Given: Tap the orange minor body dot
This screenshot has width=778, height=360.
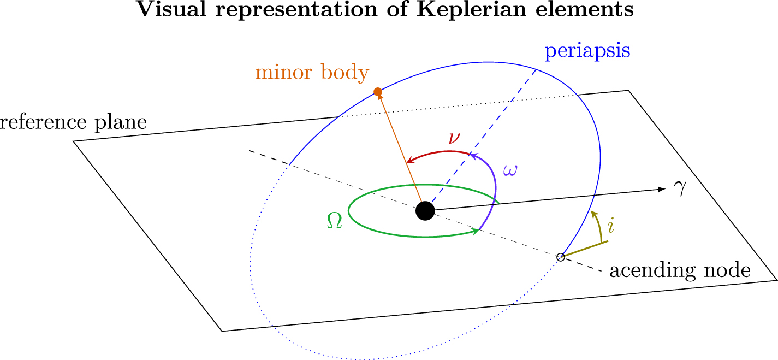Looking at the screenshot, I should coord(377,91).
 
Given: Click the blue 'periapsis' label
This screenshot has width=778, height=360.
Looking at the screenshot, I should coord(587,52).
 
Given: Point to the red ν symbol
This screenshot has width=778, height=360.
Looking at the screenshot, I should coord(454,138).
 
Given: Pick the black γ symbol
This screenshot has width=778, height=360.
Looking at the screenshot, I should coord(680,190).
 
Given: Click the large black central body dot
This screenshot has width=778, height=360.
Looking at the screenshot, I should coord(425,210).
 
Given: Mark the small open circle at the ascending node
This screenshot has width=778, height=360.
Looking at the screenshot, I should coord(560,257).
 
